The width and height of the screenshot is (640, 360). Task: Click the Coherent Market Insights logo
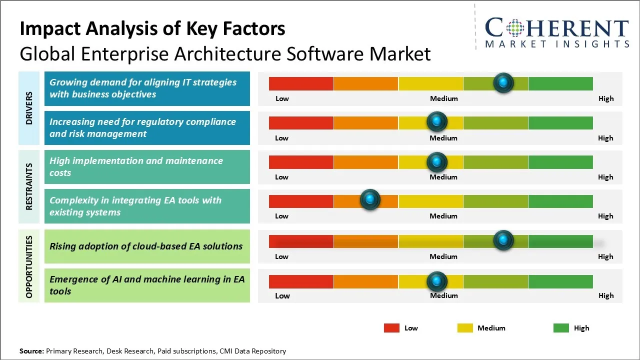pyautogui.click(x=556, y=32)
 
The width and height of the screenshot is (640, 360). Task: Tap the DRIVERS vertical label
pyautogui.click(x=29, y=108)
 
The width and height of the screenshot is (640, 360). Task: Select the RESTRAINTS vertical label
pyautogui.click(x=29, y=186)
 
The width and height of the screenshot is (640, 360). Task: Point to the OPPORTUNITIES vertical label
pyautogui.click(x=29, y=266)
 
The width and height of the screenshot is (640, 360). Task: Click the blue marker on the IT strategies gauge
pyautogui.click(x=503, y=82)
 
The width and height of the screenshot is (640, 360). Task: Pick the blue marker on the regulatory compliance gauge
pyautogui.click(x=437, y=121)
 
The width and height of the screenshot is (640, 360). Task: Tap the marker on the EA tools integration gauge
pyautogui.click(x=370, y=200)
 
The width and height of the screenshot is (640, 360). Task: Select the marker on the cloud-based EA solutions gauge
pyautogui.click(x=503, y=240)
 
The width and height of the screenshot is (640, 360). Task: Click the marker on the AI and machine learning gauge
pyautogui.click(x=437, y=281)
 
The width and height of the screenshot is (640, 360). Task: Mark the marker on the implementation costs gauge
pyautogui.click(x=437, y=161)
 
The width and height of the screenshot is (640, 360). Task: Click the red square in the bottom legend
pyautogui.click(x=391, y=328)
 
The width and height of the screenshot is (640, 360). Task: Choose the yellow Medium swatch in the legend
pyautogui.click(x=465, y=328)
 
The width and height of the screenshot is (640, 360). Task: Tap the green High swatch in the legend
pyautogui.click(x=561, y=328)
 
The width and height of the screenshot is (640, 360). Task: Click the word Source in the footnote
pyautogui.click(x=31, y=351)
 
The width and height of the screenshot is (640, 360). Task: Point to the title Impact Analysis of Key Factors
pyautogui.click(x=152, y=29)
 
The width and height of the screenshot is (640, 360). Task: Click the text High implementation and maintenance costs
pyautogui.click(x=136, y=166)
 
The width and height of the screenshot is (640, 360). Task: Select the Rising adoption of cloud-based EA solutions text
pyautogui.click(x=146, y=246)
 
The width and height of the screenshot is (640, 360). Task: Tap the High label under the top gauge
pyautogui.click(x=606, y=98)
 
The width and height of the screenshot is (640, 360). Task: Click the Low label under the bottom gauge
pyautogui.click(x=282, y=295)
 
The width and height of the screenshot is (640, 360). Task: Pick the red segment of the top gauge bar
pyautogui.click(x=301, y=83)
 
